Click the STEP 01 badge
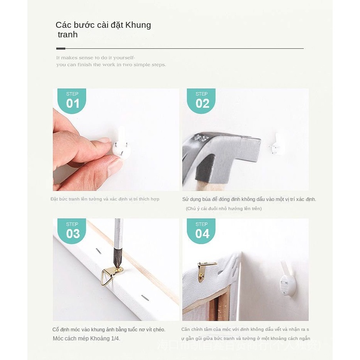click(x=72, y=101)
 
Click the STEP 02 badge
click(x=202, y=101)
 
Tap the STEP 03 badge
click(x=72, y=231)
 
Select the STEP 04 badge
click(x=202, y=231)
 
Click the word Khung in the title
click(x=138, y=25)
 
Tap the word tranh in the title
click(x=67, y=35)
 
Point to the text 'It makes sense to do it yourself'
click(x=96, y=58)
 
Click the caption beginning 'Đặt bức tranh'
click(x=105, y=199)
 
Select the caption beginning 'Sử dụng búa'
click(x=249, y=199)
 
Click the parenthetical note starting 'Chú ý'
click(x=223, y=209)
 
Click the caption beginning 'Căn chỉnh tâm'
click(x=245, y=329)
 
